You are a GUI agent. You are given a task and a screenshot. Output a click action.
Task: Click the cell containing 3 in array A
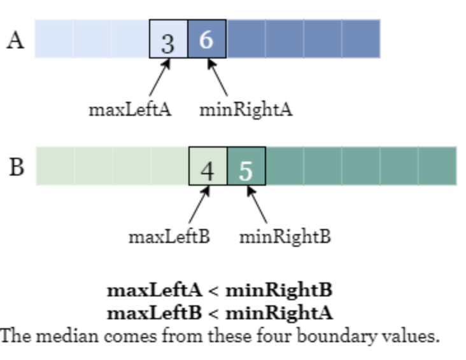(x=169, y=39)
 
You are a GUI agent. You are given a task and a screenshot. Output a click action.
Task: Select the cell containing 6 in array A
(x=207, y=39)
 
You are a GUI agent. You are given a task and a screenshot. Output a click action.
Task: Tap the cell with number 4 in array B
(x=208, y=166)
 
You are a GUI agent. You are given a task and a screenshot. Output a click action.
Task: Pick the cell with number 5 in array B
(x=246, y=166)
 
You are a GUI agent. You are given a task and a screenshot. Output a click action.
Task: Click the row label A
(x=15, y=41)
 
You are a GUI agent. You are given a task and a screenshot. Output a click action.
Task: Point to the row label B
(x=17, y=167)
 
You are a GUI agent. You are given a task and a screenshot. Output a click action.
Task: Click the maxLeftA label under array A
(x=130, y=110)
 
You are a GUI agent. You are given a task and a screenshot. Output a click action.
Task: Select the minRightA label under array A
(x=246, y=111)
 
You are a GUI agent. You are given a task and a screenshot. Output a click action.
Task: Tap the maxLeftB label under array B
(x=169, y=237)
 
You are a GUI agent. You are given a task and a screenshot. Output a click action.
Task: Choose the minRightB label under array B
(x=285, y=238)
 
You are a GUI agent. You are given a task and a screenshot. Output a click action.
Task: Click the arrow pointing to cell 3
(x=160, y=77)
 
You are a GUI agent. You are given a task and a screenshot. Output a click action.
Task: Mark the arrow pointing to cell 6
(x=218, y=77)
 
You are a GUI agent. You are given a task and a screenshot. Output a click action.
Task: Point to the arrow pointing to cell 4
(x=199, y=204)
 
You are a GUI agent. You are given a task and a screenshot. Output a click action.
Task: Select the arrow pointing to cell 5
(x=257, y=204)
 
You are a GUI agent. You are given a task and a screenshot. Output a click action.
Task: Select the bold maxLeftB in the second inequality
(x=154, y=313)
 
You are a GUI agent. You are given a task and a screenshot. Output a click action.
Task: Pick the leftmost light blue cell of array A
(x=53, y=39)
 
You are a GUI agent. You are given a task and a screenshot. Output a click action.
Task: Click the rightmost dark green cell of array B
(x=438, y=166)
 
